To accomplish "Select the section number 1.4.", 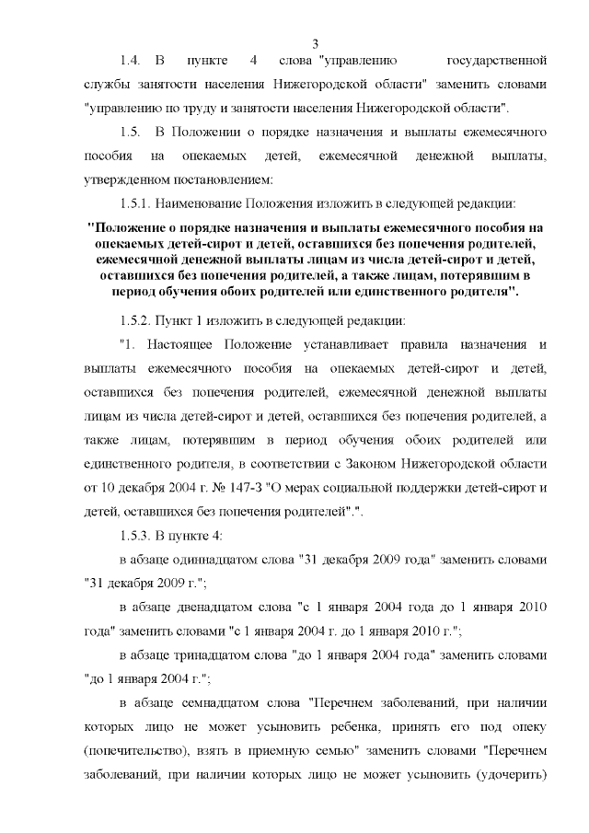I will (130, 62).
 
